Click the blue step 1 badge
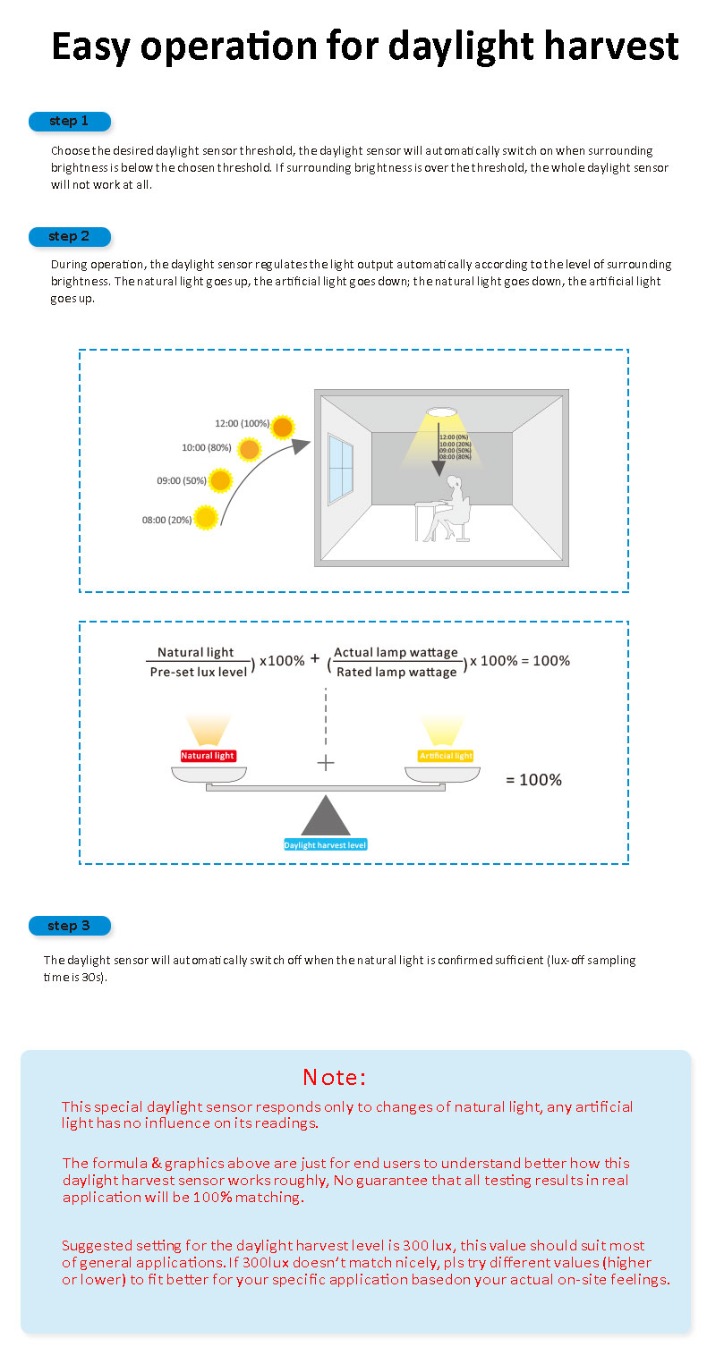pyautogui.click(x=70, y=121)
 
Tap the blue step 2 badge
pyautogui.click(x=70, y=236)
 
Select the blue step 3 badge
pyautogui.click(x=70, y=926)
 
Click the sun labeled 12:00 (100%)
pyautogui.click(x=282, y=427)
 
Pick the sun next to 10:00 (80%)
pyautogui.click(x=250, y=450)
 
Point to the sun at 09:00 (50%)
pyautogui.click(x=221, y=480)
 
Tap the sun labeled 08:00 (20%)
pyautogui.click(x=206, y=518)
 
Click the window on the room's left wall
pyautogui.click(x=341, y=469)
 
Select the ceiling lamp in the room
pyautogui.click(x=442, y=412)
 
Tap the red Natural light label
pyautogui.click(x=208, y=756)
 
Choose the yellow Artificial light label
pyautogui.click(x=446, y=756)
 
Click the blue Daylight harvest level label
pyautogui.click(x=326, y=844)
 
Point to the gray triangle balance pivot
pyautogui.click(x=326, y=816)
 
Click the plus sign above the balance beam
pyautogui.click(x=326, y=763)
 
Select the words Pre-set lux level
pyautogui.click(x=199, y=672)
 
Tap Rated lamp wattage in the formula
pyautogui.click(x=396, y=672)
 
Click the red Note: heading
pyautogui.click(x=334, y=1077)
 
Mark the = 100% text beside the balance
pyautogui.click(x=534, y=779)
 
